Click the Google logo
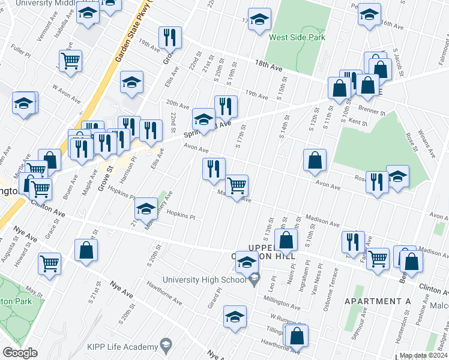click(x=20, y=352)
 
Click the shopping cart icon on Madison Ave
click(x=237, y=187)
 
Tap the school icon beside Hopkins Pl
click(x=146, y=209)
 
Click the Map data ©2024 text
click(x=424, y=355)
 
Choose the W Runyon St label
click(x=286, y=317)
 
